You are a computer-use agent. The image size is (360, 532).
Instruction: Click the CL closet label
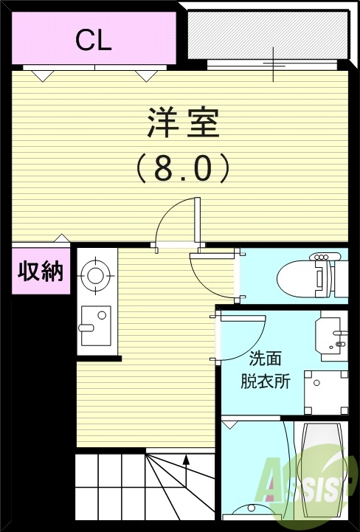[94, 41]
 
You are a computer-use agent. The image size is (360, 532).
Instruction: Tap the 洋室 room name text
[183, 122]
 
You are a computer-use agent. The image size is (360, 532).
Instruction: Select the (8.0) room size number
[183, 168]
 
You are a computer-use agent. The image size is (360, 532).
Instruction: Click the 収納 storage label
[41, 272]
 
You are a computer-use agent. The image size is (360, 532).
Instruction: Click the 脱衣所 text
[266, 381]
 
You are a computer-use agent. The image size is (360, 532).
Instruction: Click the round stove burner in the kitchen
[95, 276]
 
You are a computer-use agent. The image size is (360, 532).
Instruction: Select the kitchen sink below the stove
[95, 325]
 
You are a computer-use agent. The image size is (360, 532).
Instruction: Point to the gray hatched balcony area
[266, 35]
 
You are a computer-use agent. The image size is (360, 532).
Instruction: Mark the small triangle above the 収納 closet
[63, 238]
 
